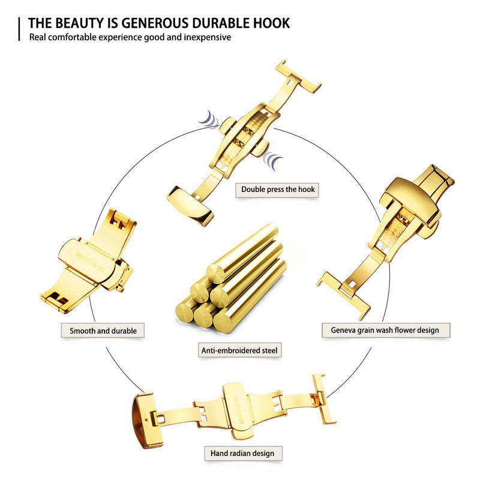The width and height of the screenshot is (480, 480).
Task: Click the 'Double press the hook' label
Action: click(x=278, y=190)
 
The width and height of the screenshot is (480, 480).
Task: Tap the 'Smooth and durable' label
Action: click(x=103, y=331)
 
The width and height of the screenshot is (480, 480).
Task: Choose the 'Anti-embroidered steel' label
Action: click(x=240, y=350)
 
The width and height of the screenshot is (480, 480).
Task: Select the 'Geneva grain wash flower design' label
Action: click(x=385, y=330)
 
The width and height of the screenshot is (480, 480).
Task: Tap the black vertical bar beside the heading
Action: click(x=21, y=29)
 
